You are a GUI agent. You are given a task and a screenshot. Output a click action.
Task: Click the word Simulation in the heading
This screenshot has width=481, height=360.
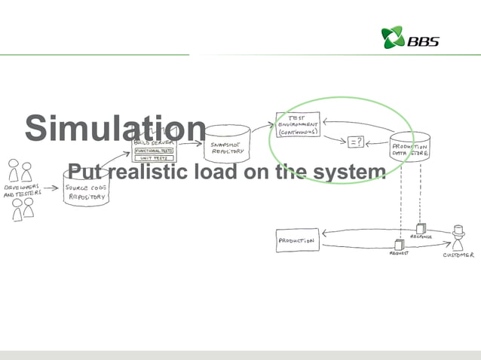coord(115,128)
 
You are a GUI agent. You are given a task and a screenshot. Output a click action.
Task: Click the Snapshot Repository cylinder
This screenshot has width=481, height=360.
coord(227,143)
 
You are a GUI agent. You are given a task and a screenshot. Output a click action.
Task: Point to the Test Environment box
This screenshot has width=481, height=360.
coord(298,125)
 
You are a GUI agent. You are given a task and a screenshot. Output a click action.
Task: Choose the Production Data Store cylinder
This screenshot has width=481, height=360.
coord(409,148)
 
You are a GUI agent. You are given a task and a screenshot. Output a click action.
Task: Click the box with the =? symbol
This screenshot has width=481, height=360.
coord(355,140)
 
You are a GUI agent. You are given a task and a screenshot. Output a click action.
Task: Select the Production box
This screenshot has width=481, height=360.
coord(296,241)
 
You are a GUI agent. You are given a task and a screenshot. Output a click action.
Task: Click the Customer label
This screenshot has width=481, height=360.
coord(458,255)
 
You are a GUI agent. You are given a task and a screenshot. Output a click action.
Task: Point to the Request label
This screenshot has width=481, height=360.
coord(399,254)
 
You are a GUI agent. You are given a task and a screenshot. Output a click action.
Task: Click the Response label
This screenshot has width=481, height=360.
coord(421,236)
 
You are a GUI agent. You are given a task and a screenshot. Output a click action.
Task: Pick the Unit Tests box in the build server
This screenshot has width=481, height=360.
coord(154,158)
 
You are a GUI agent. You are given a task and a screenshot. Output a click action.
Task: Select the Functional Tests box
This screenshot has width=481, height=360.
coord(154,151)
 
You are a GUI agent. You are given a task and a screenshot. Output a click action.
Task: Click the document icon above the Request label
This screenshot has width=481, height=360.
coord(399,243)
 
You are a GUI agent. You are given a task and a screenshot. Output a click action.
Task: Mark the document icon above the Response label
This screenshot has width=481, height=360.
coord(420,227)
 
